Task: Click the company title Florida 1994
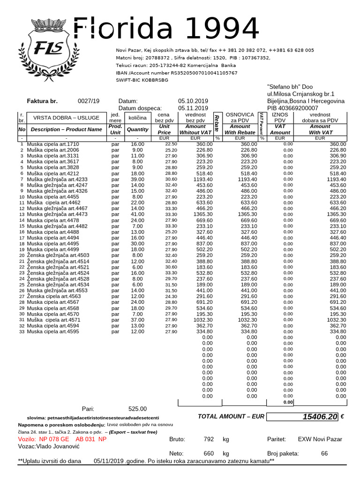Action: tap(166, 30)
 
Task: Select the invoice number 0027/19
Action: tap(89, 101)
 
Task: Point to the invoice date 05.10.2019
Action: tap(194, 101)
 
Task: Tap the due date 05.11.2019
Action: tap(194, 108)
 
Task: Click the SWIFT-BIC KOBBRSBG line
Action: tap(142, 80)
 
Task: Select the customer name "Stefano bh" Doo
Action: tap(290, 87)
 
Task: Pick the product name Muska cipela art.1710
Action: tap(53, 144)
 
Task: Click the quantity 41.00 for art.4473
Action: tap(137, 214)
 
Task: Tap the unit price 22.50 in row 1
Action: tap(171, 144)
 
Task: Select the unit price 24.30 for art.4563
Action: tap(171, 296)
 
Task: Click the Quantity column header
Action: tap(137, 129)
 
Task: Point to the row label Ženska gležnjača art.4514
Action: tap(58, 261)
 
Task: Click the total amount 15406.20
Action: tap(320, 417)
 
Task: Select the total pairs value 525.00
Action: tap(137, 409)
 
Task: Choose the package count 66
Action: tap(324, 453)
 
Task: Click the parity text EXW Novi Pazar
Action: tap(320, 439)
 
